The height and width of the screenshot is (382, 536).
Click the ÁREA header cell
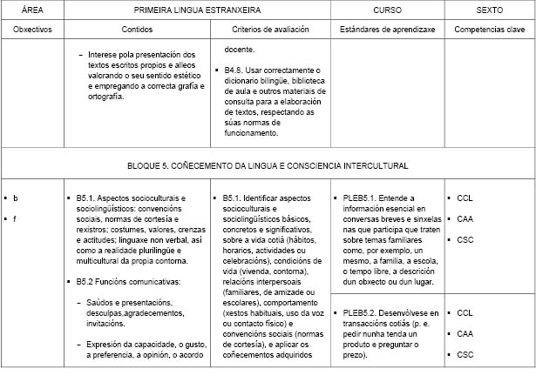coord(33,10)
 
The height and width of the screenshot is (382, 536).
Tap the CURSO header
coord(387,10)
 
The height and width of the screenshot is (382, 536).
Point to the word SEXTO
coord(490,10)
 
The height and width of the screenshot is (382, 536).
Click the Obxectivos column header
coord(33,29)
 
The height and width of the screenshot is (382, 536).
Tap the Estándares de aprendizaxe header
coord(386,29)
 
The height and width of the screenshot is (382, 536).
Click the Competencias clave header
coord(490,29)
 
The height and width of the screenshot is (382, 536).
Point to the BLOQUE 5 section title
coord(268,164)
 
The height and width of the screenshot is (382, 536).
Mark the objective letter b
coord(16,198)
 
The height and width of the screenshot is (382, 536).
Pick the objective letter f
coord(16,218)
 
